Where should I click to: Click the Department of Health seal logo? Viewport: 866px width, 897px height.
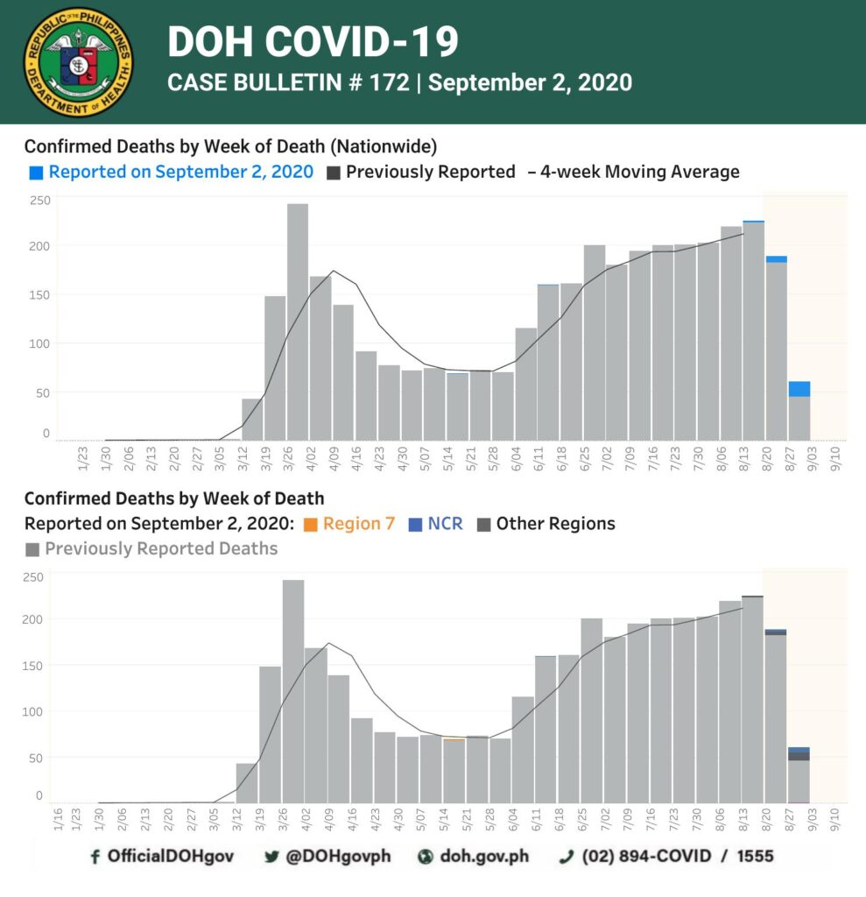78,62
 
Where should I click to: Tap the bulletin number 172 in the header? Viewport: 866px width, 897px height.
389,82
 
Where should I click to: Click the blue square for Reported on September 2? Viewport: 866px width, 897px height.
36,173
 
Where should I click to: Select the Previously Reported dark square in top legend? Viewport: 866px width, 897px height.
334,173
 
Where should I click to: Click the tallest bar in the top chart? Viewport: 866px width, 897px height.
298,321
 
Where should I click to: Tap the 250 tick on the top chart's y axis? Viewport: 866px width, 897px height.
40,201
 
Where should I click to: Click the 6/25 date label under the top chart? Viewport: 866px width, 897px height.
584,459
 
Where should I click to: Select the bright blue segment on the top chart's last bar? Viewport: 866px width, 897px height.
799,389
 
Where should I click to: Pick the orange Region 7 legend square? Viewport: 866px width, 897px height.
311,525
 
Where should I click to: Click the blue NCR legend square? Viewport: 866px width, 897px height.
415,525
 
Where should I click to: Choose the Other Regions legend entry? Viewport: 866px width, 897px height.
546,524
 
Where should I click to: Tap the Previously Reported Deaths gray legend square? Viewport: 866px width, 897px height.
32,550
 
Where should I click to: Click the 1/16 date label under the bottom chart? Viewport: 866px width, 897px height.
58,819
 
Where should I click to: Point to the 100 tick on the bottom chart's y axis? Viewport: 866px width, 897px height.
32,712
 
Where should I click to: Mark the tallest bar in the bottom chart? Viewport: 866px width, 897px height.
293,691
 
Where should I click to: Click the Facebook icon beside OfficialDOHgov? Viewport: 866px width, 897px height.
95,857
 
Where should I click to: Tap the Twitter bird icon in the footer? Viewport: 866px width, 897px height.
271,857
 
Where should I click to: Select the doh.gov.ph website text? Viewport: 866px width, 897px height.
484,857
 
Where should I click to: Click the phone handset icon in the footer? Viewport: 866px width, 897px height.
566,857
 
